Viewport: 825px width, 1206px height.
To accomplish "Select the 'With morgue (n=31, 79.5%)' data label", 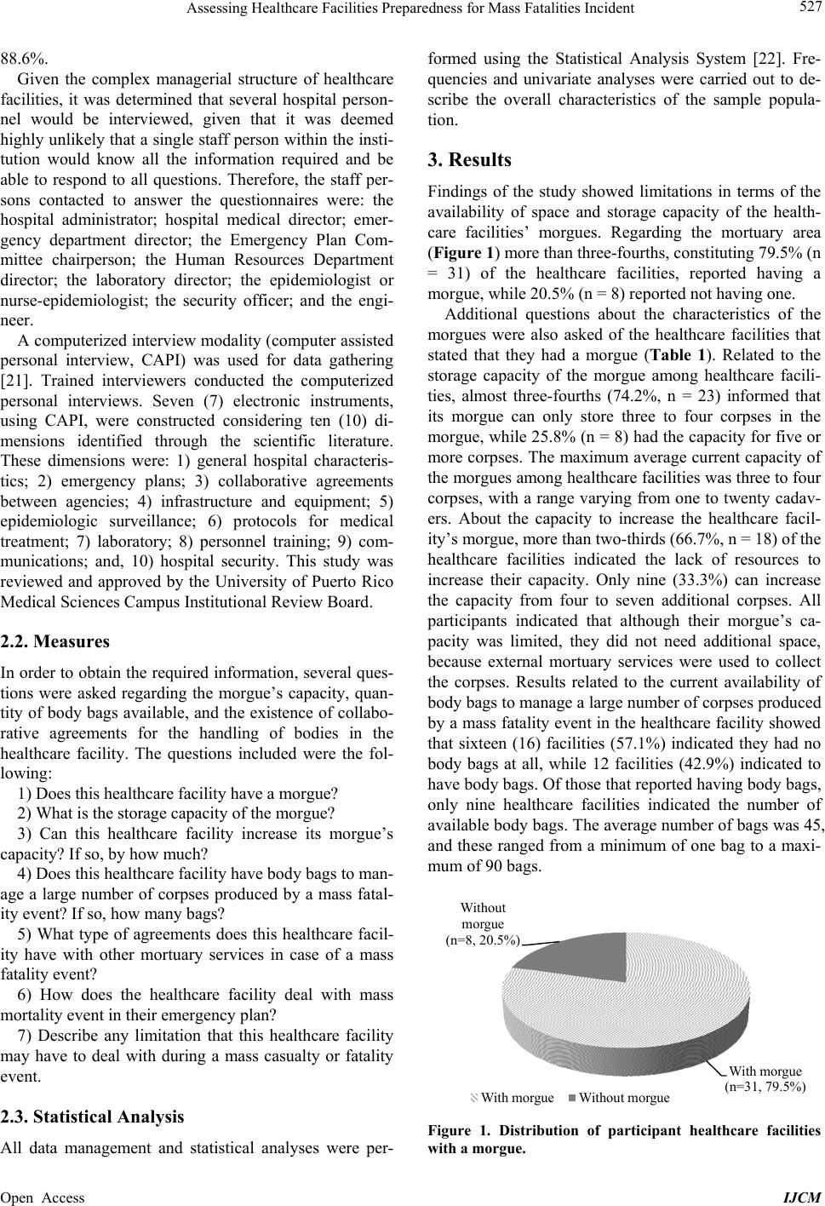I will pos(765,1078).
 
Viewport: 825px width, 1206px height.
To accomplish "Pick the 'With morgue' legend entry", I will pos(513,1097).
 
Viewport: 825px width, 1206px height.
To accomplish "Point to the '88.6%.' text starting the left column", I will pos(25,59).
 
